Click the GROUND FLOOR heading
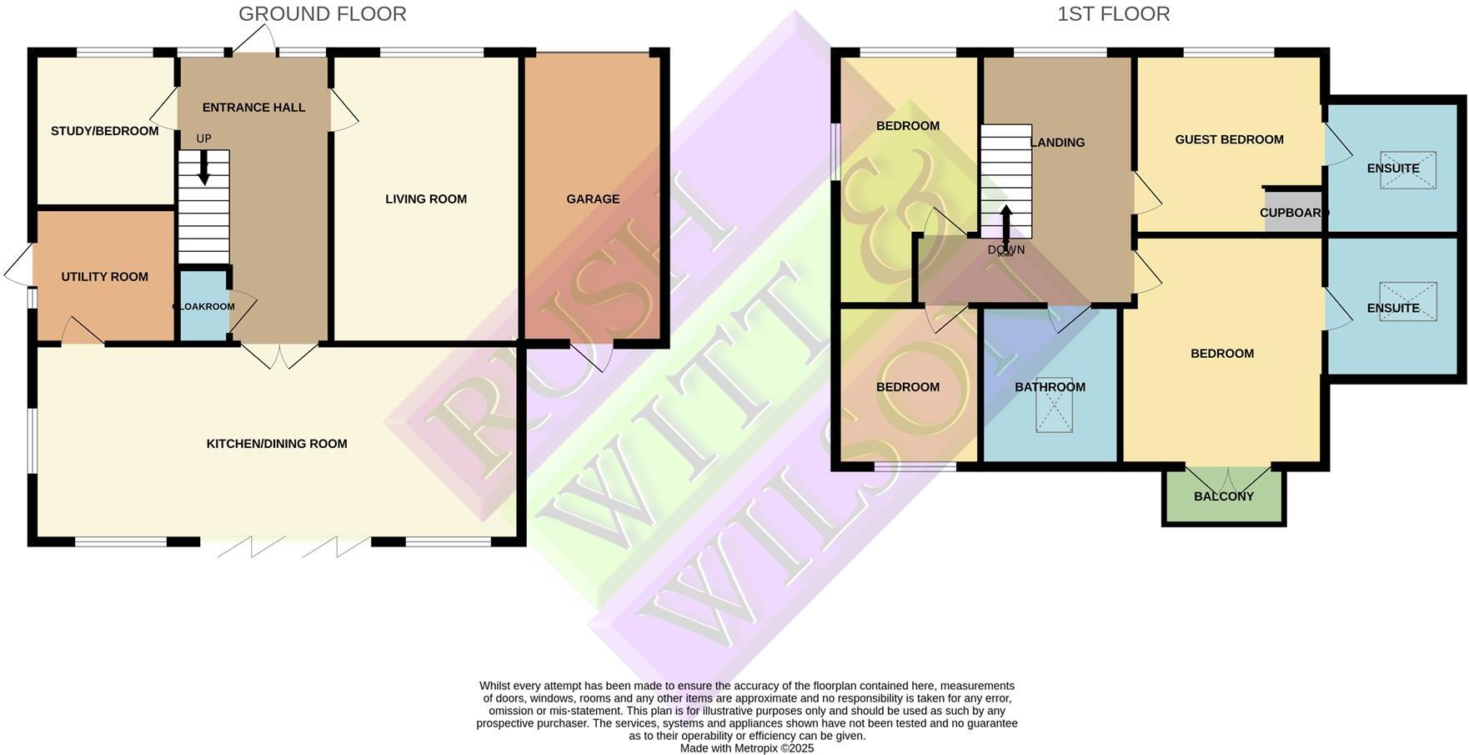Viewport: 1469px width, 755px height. tap(322, 14)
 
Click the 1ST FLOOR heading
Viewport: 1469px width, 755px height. tap(1113, 14)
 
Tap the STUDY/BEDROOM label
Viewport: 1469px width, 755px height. tap(104, 131)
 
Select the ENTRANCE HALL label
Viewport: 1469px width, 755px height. tap(253, 108)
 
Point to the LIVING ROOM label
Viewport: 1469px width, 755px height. tap(425, 199)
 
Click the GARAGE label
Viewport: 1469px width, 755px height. tap(593, 199)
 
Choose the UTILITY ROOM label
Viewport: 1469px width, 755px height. tap(104, 277)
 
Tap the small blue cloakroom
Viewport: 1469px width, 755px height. tap(203, 306)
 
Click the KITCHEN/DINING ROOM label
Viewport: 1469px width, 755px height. tap(277, 444)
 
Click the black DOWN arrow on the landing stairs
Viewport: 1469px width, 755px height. tap(1006, 223)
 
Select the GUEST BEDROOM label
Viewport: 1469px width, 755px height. tap(1229, 140)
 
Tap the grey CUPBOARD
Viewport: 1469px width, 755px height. tap(1291, 212)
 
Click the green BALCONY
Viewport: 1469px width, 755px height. tap(1223, 497)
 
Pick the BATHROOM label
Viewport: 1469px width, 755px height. tap(1050, 387)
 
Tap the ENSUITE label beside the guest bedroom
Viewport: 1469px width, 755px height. tap(1392, 169)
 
